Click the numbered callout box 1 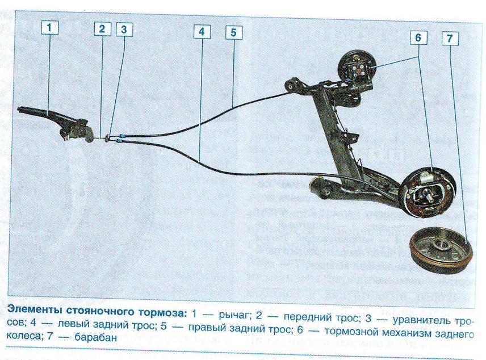pos(49,28)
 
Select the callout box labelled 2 pos(102,29)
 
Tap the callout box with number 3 pos(124,30)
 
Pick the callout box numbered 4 pos(202,31)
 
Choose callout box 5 pos(233,32)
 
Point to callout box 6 pos(418,37)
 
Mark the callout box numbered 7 pos(450,38)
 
